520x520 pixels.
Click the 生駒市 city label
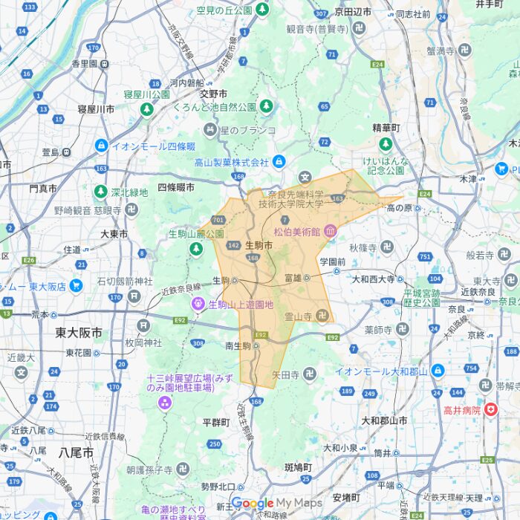259,245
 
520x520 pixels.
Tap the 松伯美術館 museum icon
330,232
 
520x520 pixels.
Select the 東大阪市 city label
79,333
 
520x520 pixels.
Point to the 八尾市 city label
78,452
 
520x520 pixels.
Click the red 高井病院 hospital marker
490,409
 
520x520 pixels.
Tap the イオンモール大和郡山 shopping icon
438,371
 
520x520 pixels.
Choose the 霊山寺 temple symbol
322,316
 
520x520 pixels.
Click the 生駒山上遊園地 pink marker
198,304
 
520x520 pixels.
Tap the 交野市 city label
213,94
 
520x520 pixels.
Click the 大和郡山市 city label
384,420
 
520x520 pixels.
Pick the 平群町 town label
217,422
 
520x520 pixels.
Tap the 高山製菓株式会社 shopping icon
279,162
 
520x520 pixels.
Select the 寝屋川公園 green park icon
147,109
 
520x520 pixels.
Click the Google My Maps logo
276,504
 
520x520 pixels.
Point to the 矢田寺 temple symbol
309,374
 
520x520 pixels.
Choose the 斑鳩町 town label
299,467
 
